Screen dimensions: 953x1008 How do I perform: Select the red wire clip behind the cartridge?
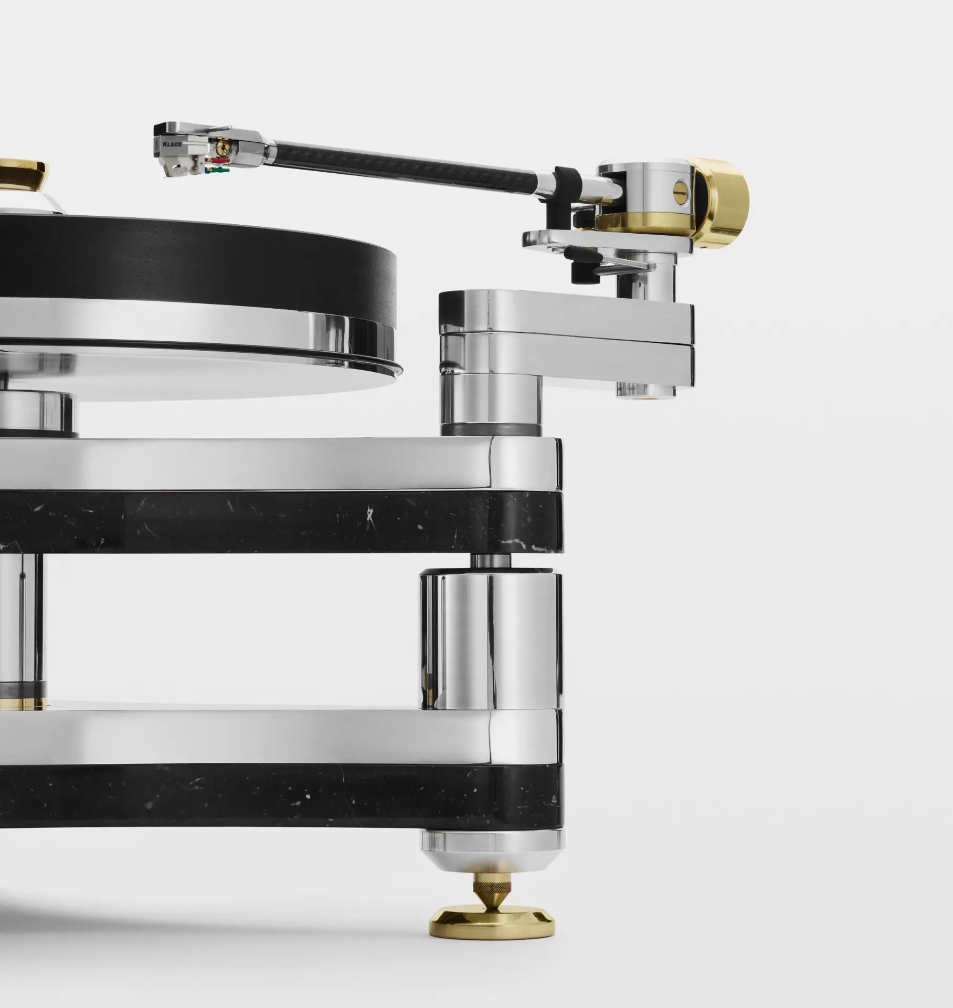(x=219, y=159)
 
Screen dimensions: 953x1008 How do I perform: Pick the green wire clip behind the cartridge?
(x=221, y=169)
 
